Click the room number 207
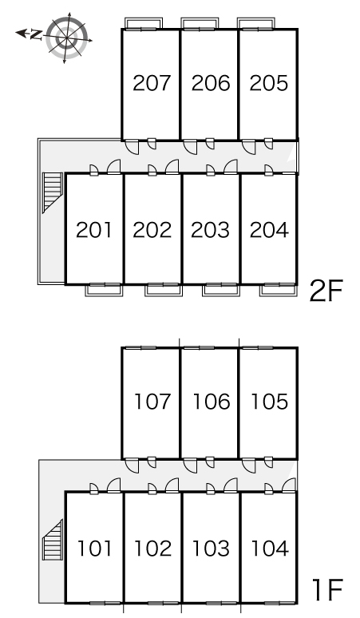(152, 83)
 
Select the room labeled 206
(210, 83)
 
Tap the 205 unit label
(269, 83)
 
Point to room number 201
(93, 230)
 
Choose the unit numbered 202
(152, 230)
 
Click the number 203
(210, 230)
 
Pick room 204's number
(269, 230)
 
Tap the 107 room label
(152, 402)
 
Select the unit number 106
(211, 402)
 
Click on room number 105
(270, 402)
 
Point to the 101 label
(94, 549)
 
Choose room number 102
(153, 549)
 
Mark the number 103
(211, 549)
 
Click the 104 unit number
(270, 549)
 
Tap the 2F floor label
(326, 291)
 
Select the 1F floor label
(328, 589)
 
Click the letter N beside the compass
(36, 34)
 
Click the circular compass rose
(66, 38)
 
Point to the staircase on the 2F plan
(53, 192)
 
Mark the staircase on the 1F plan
(53, 540)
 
